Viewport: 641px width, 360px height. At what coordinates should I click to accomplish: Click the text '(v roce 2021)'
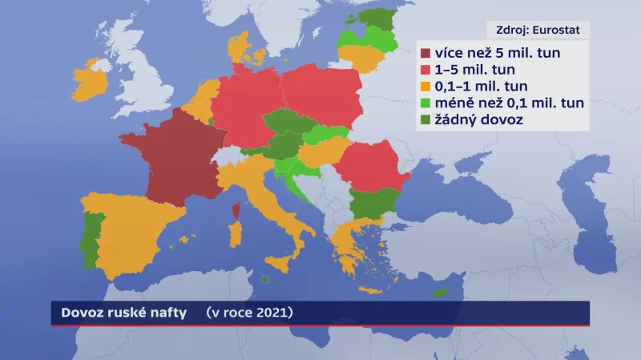249,313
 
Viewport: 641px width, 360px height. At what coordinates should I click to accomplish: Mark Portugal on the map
94,233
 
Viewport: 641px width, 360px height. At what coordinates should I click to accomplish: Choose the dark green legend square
425,119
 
